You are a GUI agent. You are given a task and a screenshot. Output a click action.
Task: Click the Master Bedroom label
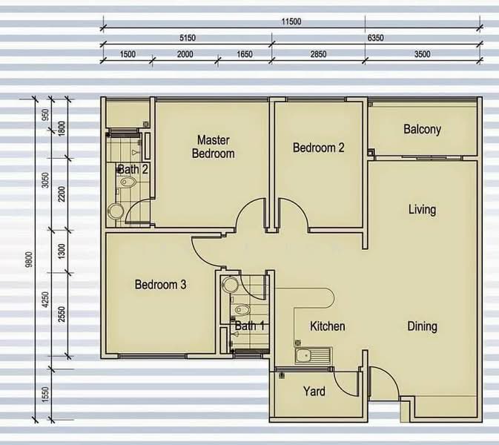pyautogui.click(x=214, y=147)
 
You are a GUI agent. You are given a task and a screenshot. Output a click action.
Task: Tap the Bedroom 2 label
pyautogui.click(x=319, y=148)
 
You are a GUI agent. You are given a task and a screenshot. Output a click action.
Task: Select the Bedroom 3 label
pyautogui.click(x=160, y=285)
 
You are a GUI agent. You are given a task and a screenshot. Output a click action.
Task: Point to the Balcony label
pyautogui.click(x=423, y=130)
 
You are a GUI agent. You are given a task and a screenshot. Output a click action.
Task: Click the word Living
pyautogui.click(x=423, y=210)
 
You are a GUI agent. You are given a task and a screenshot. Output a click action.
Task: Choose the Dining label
pyautogui.click(x=423, y=326)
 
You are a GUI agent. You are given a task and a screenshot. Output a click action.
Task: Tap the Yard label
pyautogui.click(x=314, y=391)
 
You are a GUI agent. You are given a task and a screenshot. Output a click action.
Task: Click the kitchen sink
pyautogui.click(x=314, y=355)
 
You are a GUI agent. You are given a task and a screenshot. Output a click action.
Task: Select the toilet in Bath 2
pyautogui.click(x=128, y=182)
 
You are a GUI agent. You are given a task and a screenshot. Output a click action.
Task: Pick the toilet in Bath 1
pyautogui.click(x=242, y=309)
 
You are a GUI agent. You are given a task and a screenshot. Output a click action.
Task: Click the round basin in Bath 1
pyautogui.click(x=230, y=285)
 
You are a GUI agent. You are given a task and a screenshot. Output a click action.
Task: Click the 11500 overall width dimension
pyautogui.click(x=291, y=22)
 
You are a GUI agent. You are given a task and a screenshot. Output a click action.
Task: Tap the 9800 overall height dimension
pyautogui.click(x=29, y=259)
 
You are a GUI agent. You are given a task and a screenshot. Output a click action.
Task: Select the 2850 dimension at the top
pyautogui.click(x=318, y=54)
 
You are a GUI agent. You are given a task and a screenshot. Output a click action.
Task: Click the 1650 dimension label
pyautogui.click(x=245, y=54)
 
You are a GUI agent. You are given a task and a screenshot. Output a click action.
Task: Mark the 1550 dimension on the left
pyautogui.click(x=45, y=395)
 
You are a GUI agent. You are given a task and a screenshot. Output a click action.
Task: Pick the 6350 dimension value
pyautogui.click(x=375, y=38)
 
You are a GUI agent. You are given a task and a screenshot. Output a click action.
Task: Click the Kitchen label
pyautogui.click(x=328, y=326)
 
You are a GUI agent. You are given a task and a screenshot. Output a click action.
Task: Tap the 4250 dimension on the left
pyautogui.click(x=45, y=300)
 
